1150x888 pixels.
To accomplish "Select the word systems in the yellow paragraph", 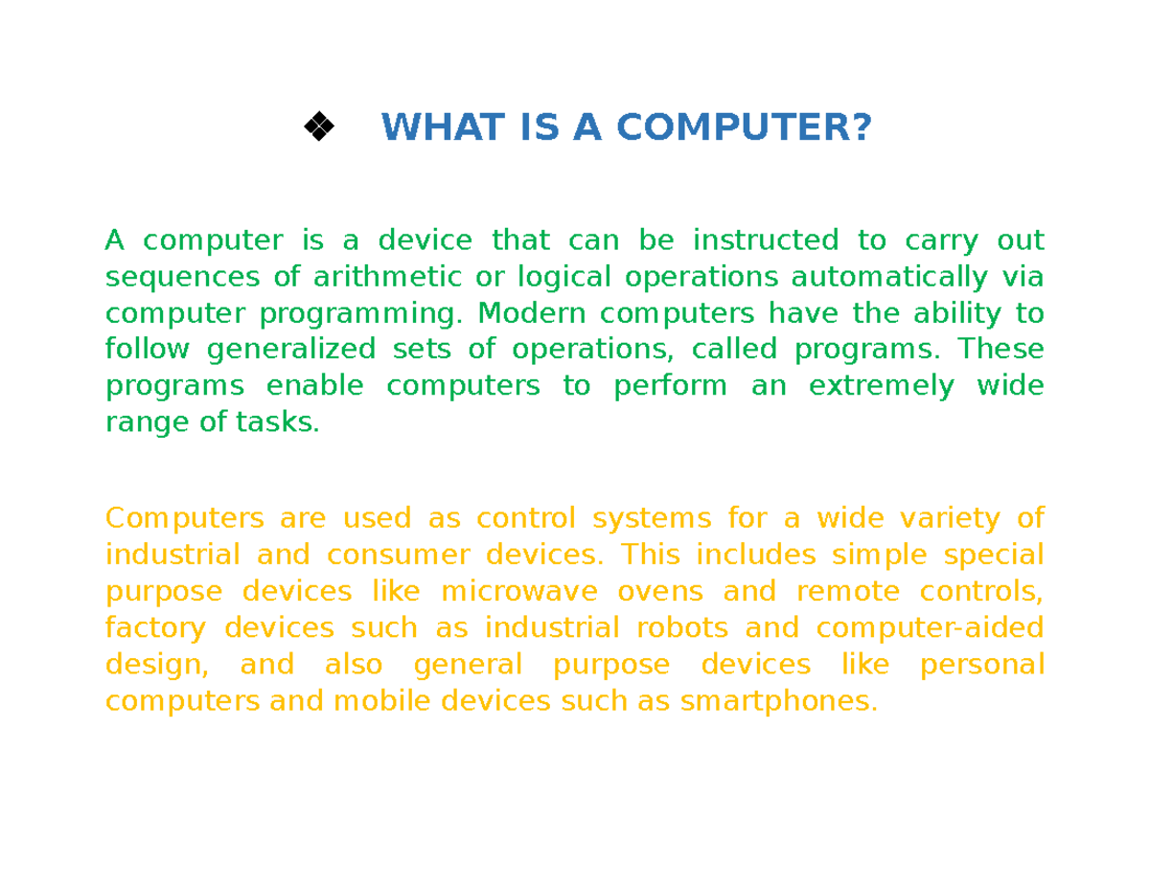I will (652, 518).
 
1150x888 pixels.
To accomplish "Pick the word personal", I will (981, 664).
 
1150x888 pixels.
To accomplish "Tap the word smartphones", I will (778, 701).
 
